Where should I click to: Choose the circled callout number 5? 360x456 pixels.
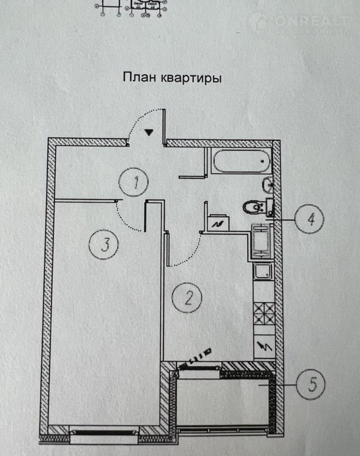pyautogui.click(x=311, y=385)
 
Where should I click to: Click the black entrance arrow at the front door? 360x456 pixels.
pyautogui.click(x=149, y=132)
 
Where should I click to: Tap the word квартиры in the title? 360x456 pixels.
pyautogui.click(x=191, y=79)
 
